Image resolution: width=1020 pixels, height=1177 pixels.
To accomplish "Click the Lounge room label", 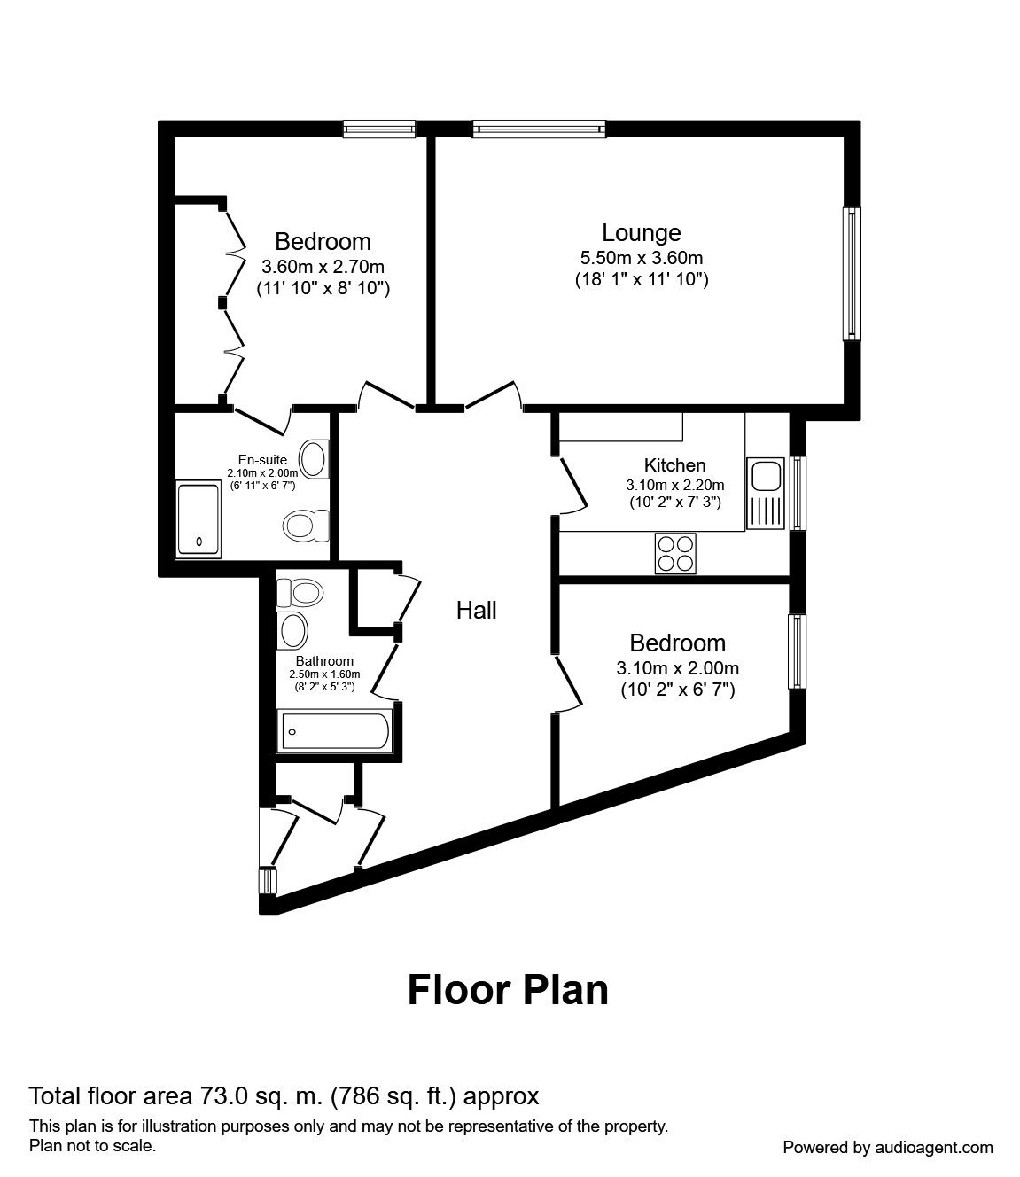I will (x=641, y=233).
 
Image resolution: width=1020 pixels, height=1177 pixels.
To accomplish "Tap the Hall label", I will (x=476, y=610).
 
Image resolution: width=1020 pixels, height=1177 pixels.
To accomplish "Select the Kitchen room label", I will (x=674, y=465).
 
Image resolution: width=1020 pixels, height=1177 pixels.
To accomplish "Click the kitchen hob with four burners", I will (x=676, y=554).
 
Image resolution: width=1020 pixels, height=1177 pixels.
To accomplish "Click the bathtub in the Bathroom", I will (x=334, y=731).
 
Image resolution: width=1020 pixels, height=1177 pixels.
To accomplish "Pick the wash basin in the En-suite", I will (x=312, y=458).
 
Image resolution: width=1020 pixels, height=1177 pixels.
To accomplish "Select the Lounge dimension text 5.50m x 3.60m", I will (x=641, y=258).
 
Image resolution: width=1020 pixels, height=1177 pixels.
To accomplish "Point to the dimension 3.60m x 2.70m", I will (x=323, y=266).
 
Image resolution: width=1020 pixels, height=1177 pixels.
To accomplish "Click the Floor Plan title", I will (x=508, y=990).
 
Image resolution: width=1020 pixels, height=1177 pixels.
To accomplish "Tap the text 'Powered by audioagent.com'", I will (x=888, y=1147).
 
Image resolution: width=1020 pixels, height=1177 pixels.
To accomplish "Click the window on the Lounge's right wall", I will (x=851, y=273).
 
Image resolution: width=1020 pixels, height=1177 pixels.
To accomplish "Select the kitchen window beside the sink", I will (x=798, y=492).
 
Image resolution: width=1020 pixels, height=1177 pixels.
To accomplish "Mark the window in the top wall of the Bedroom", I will (x=379, y=129).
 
